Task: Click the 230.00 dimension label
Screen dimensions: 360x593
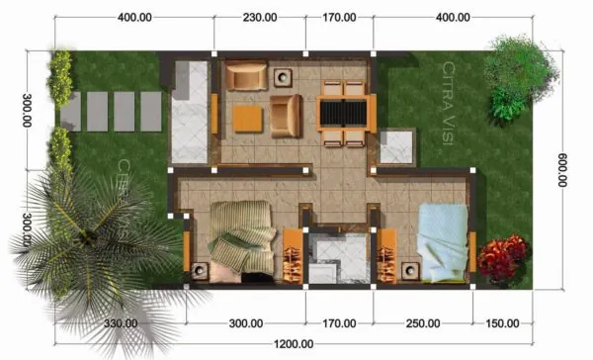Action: tap(258, 18)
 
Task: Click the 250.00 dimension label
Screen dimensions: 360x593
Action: tap(422, 323)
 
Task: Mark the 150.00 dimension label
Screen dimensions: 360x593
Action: tap(504, 323)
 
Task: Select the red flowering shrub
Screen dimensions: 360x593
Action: tap(503, 258)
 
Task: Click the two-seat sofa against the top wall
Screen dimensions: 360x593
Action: tap(244, 76)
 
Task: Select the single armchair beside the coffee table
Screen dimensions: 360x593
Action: tap(287, 116)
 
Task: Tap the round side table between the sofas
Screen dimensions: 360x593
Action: tap(283, 76)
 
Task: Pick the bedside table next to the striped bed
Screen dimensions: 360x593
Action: tap(201, 270)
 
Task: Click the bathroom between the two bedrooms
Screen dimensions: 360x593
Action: tap(336, 260)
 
